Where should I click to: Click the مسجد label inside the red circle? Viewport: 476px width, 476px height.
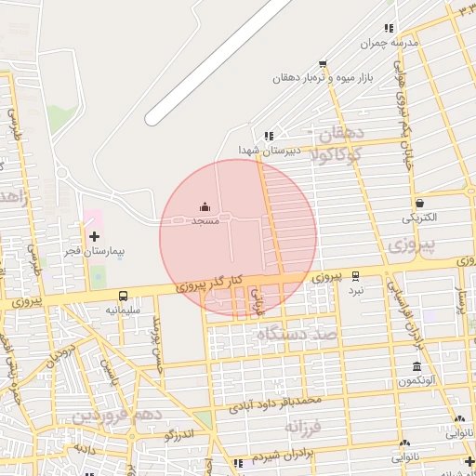coord(205,222)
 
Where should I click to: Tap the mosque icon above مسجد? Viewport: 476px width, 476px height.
coord(205,207)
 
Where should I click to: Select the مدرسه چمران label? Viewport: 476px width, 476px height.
coord(391,43)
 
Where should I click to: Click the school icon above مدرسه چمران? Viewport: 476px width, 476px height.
coord(389,28)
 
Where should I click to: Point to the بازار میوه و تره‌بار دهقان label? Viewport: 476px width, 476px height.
coord(322,79)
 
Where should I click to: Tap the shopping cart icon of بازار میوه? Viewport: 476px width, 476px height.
coord(323,64)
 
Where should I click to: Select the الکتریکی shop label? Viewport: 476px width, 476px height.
coord(418,218)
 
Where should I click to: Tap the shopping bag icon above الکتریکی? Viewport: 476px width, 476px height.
coord(419,204)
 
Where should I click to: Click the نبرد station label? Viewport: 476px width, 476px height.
coord(356,290)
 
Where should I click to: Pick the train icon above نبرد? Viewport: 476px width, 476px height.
coord(356,276)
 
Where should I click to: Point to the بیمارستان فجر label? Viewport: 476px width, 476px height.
coord(94,252)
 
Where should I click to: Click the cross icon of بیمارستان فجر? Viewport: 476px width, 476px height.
coord(94,237)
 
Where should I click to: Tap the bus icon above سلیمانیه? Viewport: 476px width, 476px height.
coord(123,296)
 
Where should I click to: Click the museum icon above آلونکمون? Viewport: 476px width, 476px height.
coord(416,366)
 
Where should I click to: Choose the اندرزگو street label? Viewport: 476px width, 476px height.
coord(178,433)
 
